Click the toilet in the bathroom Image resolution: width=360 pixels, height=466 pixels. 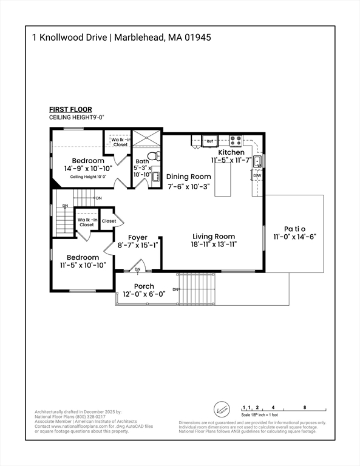[152, 155]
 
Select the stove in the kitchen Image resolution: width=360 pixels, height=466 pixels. [235, 140]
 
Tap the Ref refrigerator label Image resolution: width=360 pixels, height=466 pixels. [210, 141]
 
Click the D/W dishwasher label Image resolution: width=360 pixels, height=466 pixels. [257, 176]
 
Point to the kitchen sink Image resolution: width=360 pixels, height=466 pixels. [257, 161]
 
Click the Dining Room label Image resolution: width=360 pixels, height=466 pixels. [189, 177]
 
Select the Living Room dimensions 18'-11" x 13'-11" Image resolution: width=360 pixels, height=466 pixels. [214, 245]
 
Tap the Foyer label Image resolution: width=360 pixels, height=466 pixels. [137, 238]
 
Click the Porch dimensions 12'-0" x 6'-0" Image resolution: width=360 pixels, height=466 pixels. [144, 294]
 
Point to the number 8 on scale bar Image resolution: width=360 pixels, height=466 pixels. [304, 407]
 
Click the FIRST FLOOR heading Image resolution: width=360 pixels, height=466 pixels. [70, 109]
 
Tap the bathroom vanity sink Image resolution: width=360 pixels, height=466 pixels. [156, 177]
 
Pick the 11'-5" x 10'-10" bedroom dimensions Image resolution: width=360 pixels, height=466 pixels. [83, 265]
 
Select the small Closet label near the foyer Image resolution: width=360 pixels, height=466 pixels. [109, 221]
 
